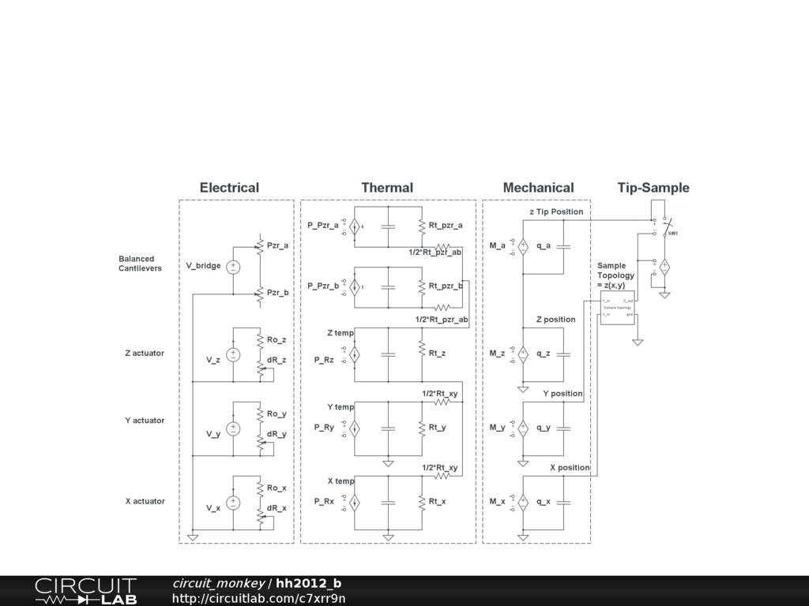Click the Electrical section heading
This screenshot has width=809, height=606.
(x=229, y=188)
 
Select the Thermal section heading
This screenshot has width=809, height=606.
(x=387, y=188)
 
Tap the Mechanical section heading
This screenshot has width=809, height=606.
(x=538, y=188)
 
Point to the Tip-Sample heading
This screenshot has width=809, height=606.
(x=653, y=188)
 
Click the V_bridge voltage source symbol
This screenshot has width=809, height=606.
(x=233, y=267)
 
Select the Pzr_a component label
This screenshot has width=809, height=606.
(x=277, y=245)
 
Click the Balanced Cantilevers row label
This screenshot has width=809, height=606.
(x=140, y=264)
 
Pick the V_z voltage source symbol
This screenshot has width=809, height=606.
(x=233, y=354)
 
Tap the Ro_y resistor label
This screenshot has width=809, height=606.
(x=277, y=413)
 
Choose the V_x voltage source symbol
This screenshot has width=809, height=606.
(x=233, y=502)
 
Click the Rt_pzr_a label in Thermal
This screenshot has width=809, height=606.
(x=446, y=226)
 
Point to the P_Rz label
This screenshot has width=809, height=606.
(x=324, y=360)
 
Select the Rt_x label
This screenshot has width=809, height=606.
(x=437, y=502)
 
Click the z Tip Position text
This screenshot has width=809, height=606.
(x=556, y=211)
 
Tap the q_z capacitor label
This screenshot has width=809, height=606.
(x=544, y=353)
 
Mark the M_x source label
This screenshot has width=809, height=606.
(x=497, y=502)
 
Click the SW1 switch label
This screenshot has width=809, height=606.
(x=673, y=234)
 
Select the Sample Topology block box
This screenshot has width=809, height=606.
(x=617, y=308)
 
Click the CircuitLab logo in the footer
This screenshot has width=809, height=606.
(x=85, y=590)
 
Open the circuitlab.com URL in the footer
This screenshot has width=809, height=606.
(x=258, y=598)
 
